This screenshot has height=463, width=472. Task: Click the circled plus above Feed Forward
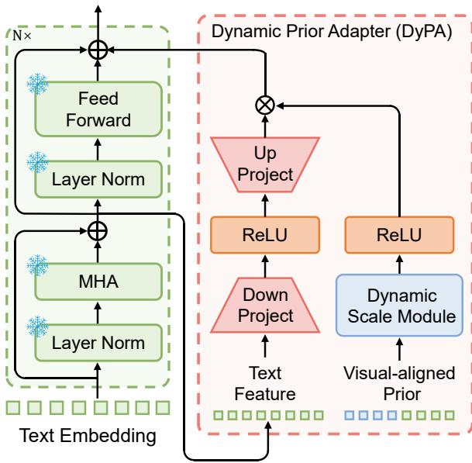pyautogui.click(x=98, y=50)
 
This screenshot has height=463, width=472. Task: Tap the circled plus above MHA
pyautogui.click(x=98, y=229)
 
